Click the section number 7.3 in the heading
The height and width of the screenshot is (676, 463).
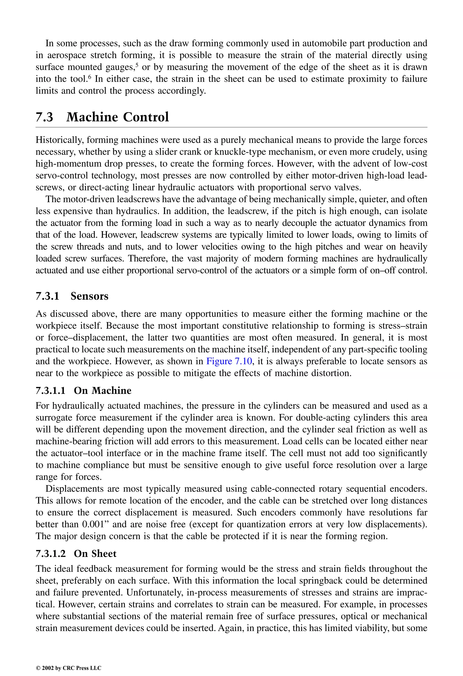pos(45,117)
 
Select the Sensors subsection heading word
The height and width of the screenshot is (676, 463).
pos(89,296)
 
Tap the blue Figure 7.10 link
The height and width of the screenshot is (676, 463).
pos(229,361)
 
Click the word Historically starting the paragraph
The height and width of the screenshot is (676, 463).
pos(60,140)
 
